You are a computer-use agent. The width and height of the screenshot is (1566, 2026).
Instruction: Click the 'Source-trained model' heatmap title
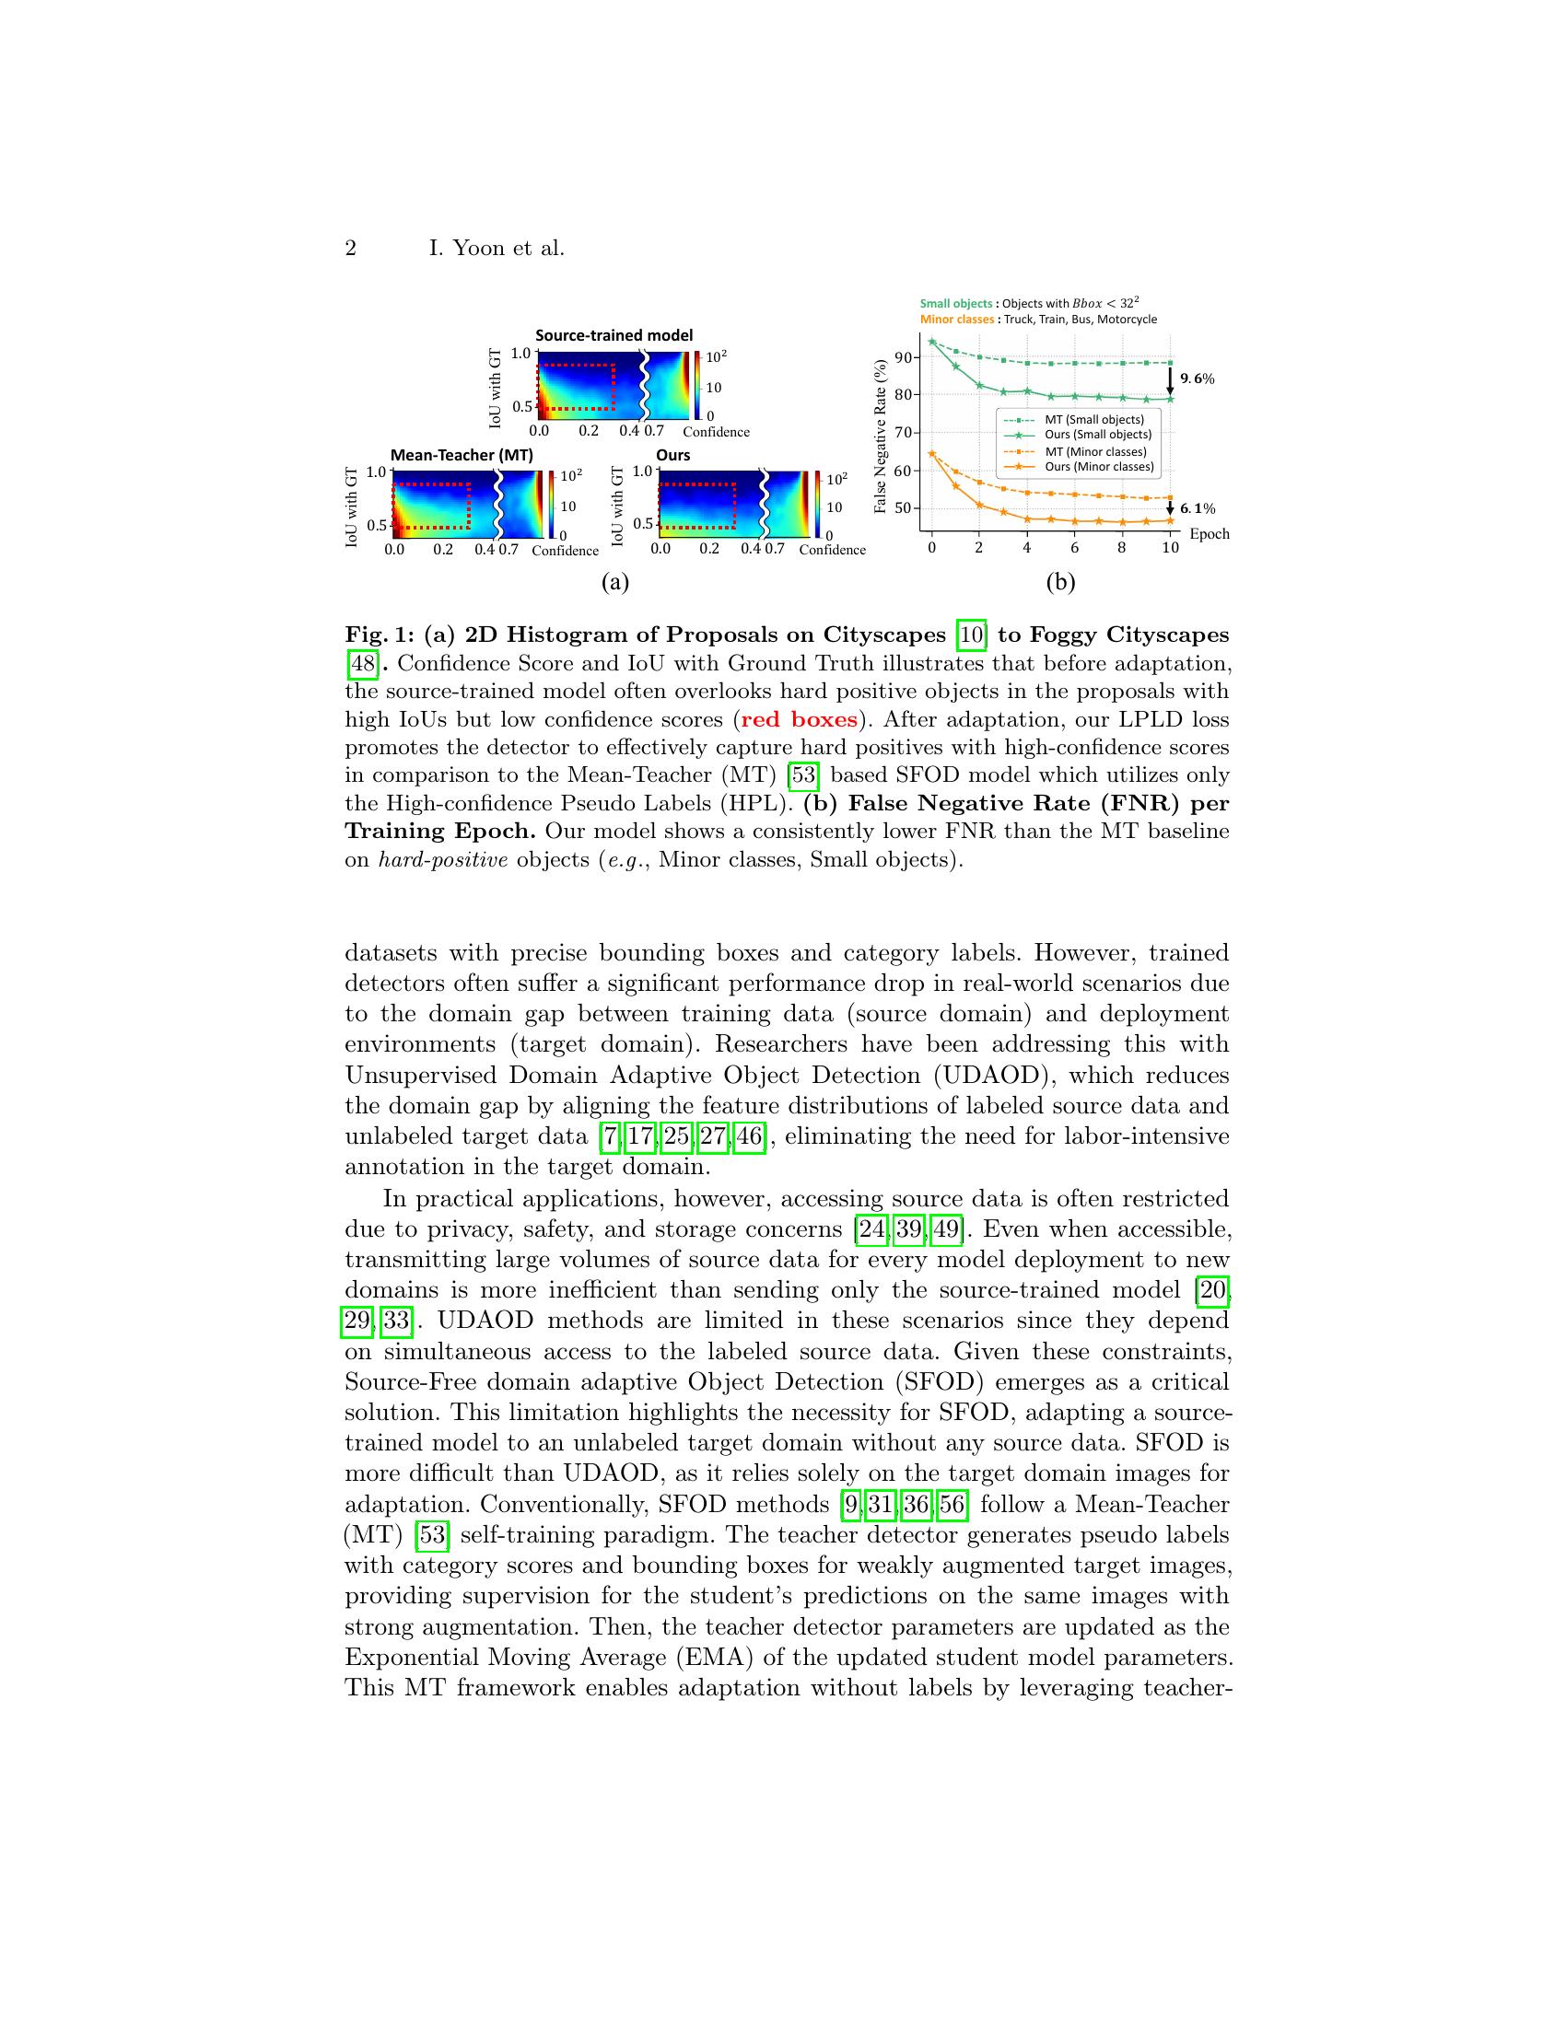click(614, 335)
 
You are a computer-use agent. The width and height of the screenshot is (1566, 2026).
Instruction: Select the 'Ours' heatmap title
click(672, 455)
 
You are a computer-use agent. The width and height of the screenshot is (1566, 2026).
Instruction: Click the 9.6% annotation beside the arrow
click(1197, 378)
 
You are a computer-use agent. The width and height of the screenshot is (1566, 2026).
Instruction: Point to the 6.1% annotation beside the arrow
click(1197, 508)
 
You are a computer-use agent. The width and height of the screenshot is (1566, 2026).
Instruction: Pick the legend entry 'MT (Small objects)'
click(1093, 419)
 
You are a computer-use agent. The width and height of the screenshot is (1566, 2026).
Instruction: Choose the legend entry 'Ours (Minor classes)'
click(1098, 467)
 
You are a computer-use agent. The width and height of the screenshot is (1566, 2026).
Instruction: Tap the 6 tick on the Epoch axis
click(1074, 547)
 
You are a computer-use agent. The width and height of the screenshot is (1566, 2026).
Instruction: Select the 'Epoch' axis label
click(1209, 534)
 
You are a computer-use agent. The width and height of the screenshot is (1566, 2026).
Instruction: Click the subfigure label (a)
click(615, 582)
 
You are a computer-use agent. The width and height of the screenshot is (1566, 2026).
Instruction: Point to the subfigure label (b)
click(1059, 582)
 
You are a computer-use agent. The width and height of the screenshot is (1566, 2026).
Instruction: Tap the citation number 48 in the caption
click(361, 663)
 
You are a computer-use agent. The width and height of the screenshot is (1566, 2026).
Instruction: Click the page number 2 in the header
click(351, 249)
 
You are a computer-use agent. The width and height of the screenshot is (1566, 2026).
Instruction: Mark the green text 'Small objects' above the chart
click(954, 303)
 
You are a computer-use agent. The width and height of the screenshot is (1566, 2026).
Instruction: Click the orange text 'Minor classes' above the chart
click(956, 320)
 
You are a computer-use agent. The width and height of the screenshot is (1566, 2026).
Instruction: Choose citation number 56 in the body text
click(951, 1504)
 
